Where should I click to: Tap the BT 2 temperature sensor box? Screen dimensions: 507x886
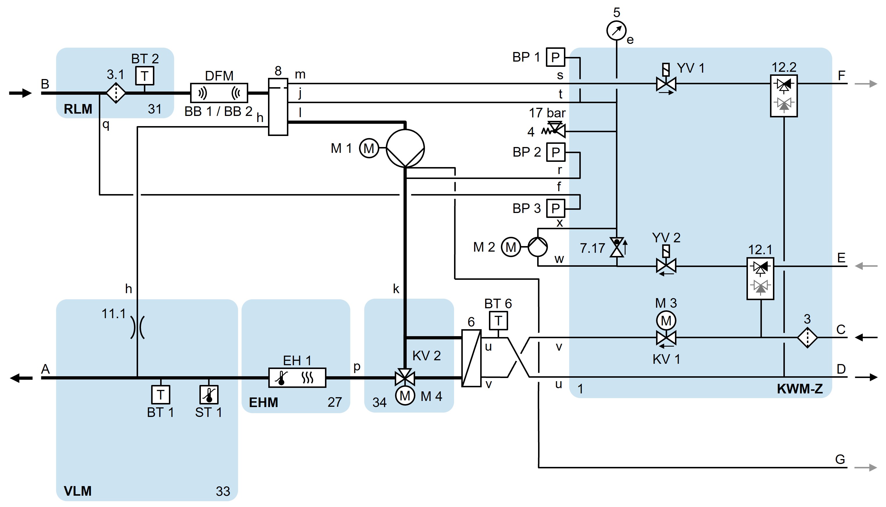click(144, 76)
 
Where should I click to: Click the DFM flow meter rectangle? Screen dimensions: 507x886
click(219, 93)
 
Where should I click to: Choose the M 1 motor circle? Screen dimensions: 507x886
click(369, 148)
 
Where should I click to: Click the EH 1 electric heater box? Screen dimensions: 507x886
click(297, 377)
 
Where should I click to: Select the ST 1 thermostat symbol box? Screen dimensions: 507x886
click(209, 395)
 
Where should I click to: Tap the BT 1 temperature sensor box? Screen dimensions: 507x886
click(160, 395)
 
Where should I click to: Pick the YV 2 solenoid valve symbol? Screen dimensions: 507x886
click(666, 266)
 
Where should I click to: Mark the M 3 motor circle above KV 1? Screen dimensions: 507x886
click(666, 320)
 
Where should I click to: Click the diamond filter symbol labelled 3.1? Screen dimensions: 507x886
click(116, 93)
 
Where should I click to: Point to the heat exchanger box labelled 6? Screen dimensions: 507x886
click(471, 358)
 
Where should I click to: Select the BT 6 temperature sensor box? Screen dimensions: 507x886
click(498, 320)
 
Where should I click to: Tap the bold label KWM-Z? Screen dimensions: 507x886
click(800, 389)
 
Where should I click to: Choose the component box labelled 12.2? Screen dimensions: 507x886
click(784, 96)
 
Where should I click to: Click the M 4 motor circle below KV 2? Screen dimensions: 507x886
click(405, 395)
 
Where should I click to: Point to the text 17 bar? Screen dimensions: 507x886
click(547, 113)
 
